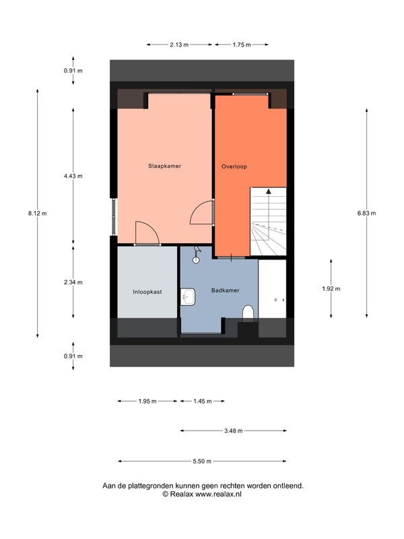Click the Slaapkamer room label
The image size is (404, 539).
click(x=164, y=166)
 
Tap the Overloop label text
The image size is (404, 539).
click(x=234, y=166)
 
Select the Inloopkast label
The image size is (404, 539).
click(x=147, y=292)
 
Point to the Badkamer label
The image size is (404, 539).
click(x=226, y=290)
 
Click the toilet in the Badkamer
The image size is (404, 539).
click(x=248, y=313)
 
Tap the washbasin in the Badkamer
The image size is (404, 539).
click(x=188, y=296)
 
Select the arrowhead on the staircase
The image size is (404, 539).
click(x=268, y=191)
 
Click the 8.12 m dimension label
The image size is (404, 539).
click(x=38, y=214)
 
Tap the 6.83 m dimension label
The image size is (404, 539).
click(x=366, y=213)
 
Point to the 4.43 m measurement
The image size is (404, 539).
click(x=73, y=176)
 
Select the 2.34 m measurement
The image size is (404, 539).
click(x=73, y=282)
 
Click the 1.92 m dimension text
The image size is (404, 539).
click(x=331, y=289)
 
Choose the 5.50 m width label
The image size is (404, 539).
click(x=202, y=462)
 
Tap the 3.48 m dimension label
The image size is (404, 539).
click(x=234, y=431)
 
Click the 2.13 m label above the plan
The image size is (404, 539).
click(x=179, y=44)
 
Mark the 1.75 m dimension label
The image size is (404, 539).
click(x=242, y=44)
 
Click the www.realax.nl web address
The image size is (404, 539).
click(x=218, y=495)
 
